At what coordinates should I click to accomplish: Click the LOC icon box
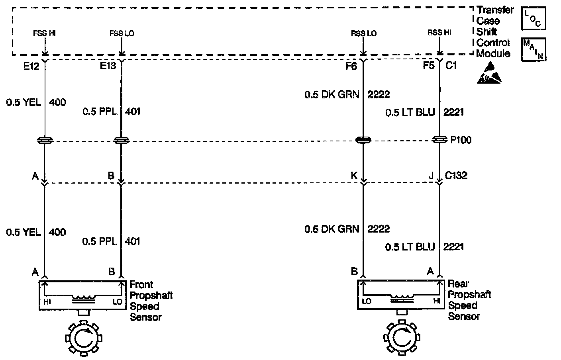(x=533, y=19)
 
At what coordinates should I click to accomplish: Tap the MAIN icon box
(x=534, y=49)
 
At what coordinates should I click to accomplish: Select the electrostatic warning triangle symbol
(x=489, y=73)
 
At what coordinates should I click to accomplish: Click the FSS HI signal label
(x=44, y=33)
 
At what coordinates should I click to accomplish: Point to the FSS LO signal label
(x=122, y=33)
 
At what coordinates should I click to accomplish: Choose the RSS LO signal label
(x=364, y=33)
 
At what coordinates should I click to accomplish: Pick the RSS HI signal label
(x=439, y=33)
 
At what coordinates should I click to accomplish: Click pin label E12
(x=31, y=67)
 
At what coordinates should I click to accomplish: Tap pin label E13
(x=108, y=66)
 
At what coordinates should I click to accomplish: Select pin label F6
(x=351, y=66)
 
